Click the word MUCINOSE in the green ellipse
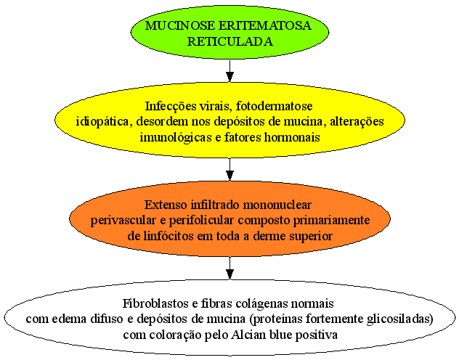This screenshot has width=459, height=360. pyautogui.click(x=180, y=25)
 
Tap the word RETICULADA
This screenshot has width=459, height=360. pyautogui.click(x=229, y=41)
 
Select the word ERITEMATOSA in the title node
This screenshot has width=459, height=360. pyautogui.click(x=265, y=25)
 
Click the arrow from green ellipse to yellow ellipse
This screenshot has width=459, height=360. pyautogui.click(x=229, y=71)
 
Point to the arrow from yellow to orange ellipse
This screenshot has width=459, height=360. pyautogui.click(x=229, y=169)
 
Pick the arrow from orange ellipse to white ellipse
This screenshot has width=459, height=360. pyautogui.click(x=229, y=268)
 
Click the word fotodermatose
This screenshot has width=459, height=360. pyautogui.click(x=274, y=106)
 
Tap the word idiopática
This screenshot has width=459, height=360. pyautogui.click(x=102, y=122)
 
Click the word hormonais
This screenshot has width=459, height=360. pyautogui.click(x=292, y=137)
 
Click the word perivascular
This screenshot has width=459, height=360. pyautogui.click(x=123, y=221)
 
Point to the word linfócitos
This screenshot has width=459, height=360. pyautogui.click(x=170, y=236)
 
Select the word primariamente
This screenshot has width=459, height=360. pyautogui.click(x=331, y=221)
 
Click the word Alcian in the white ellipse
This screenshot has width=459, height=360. pyautogui.click(x=246, y=335)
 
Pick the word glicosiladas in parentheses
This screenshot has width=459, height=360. pyautogui.click(x=399, y=319)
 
